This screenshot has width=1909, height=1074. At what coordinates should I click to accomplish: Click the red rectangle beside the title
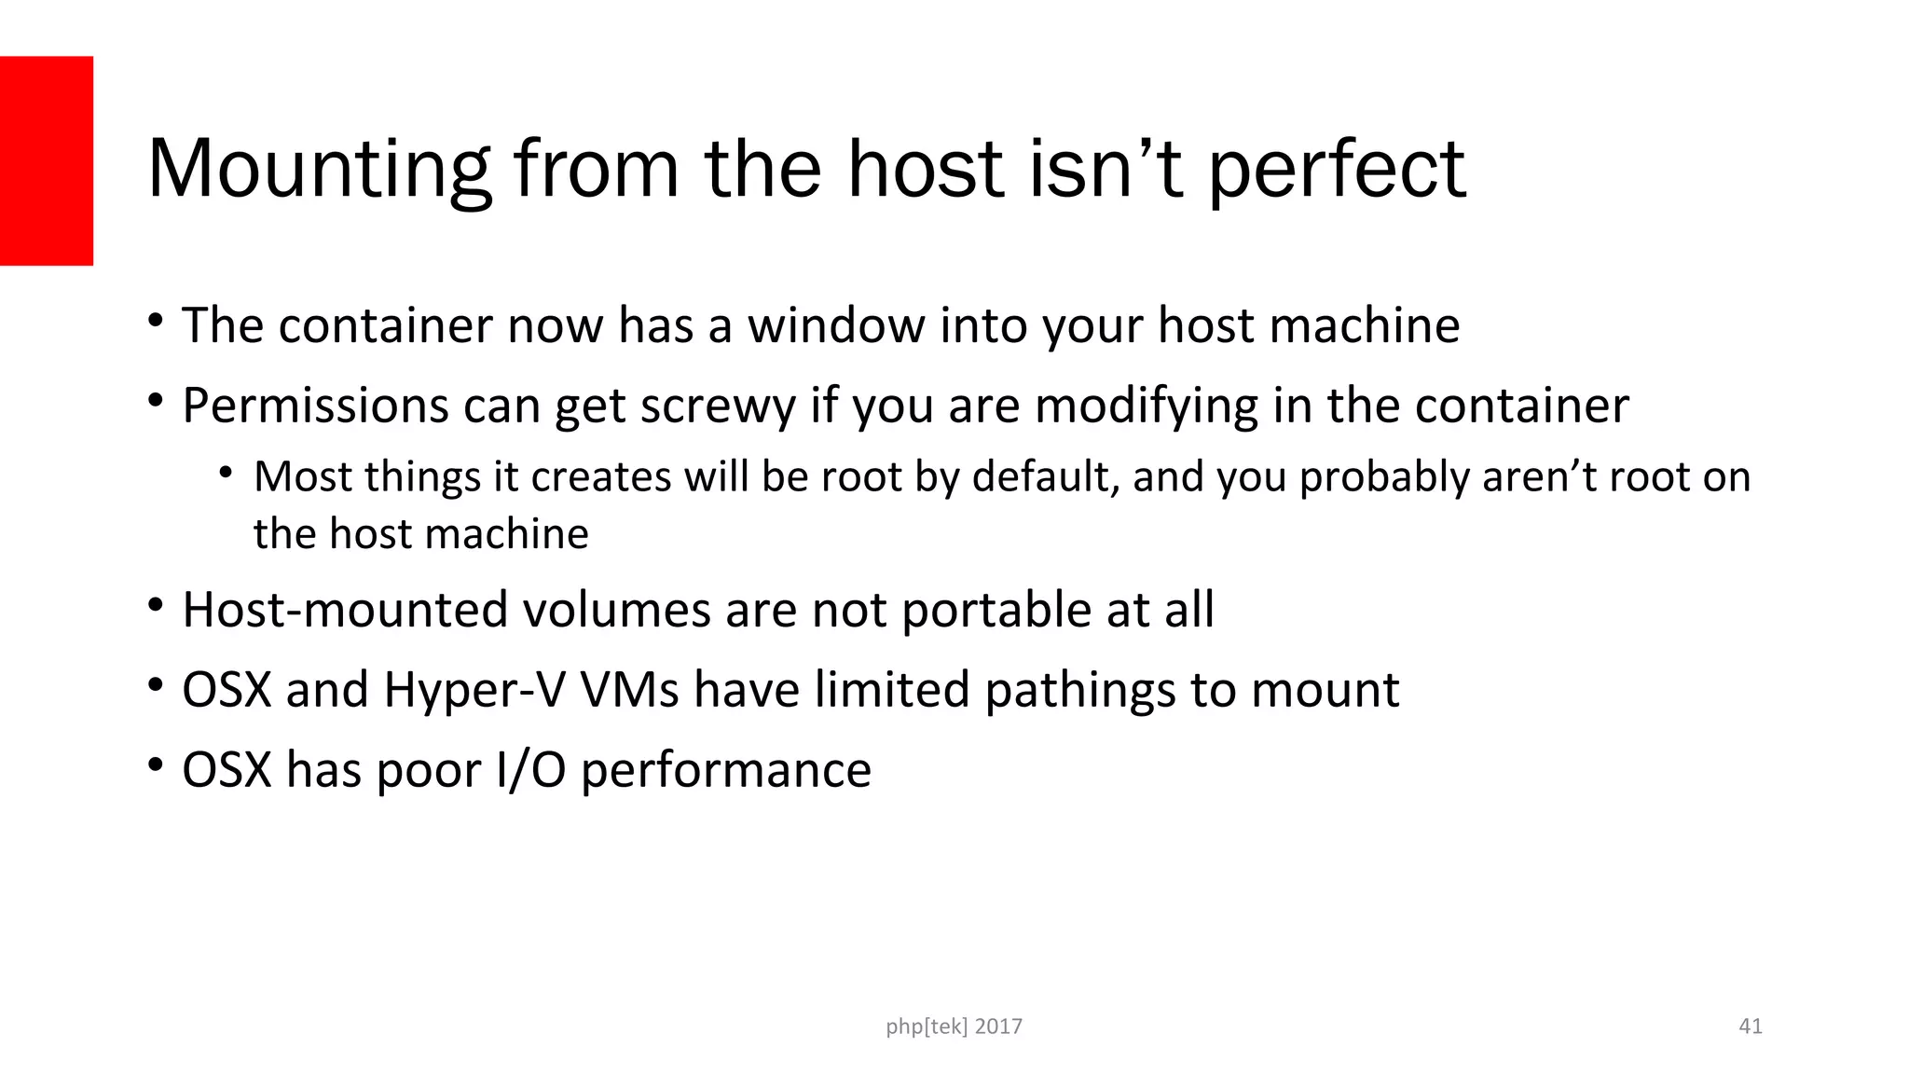47,160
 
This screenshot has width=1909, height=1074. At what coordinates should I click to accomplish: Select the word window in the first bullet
835,325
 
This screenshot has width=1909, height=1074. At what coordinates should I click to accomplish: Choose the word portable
996,610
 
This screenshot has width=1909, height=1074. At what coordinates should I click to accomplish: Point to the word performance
726,770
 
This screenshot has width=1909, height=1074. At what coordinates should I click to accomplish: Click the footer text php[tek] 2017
954,1026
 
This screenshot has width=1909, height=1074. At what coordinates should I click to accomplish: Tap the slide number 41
1751,1026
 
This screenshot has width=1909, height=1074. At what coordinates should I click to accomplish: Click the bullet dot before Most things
226,473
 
